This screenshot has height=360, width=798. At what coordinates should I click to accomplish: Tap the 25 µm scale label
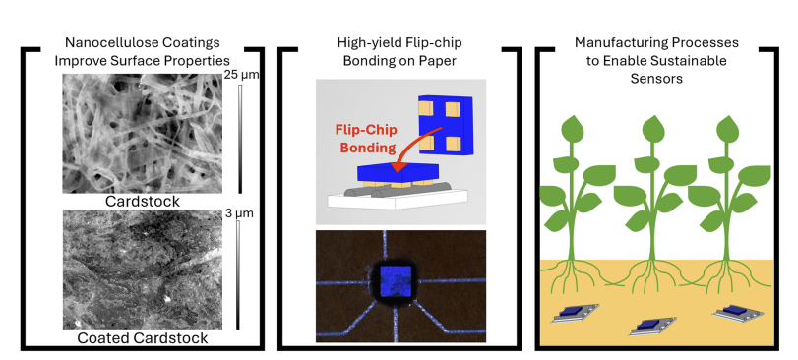click(x=241, y=76)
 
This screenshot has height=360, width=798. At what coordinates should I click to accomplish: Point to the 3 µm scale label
click(x=239, y=213)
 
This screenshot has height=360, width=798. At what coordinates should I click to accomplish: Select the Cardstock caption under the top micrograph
click(x=143, y=202)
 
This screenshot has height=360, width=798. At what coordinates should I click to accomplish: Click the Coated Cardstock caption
click(x=143, y=338)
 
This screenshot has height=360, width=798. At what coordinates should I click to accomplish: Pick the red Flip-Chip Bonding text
click(x=365, y=139)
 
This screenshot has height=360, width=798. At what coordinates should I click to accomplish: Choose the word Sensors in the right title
click(x=656, y=79)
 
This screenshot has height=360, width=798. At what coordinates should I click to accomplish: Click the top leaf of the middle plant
click(x=653, y=129)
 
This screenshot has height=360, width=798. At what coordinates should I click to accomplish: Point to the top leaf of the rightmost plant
click(x=727, y=129)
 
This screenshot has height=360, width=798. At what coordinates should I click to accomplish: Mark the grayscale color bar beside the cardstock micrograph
click(x=240, y=139)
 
